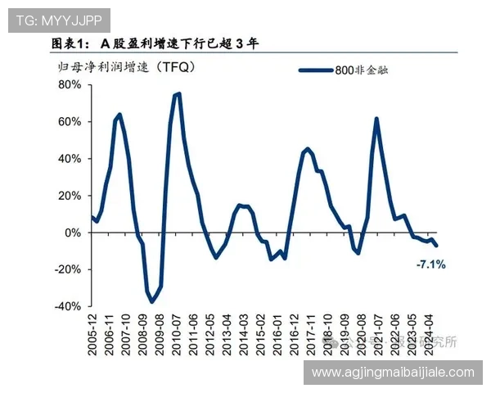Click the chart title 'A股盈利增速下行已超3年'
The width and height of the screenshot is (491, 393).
pyautogui.click(x=155, y=43)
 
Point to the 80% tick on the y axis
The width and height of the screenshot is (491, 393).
pyautogui.click(x=69, y=84)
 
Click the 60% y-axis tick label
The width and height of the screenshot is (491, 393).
pyautogui.click(x=69, y=121)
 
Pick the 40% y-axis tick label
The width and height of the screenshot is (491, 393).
pyautogui.click(x=69, y=158)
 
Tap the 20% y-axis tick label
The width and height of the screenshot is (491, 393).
pyautogui.click(x=69, y=195)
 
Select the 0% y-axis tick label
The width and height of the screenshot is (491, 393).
pyautogui.click(x=72, y=232)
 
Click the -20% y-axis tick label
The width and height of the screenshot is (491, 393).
pyautogui.click(x=67, y=269)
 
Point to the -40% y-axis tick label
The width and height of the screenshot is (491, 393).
pyautogui.click(x=67, y=305)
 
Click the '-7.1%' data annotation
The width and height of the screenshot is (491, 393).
pyautogui.click(x=430, y=264)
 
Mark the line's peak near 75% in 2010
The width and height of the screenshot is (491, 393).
pyautogui.click(x=178, y=94)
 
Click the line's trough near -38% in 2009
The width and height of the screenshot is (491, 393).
pyautogui.click(x=151, y=302)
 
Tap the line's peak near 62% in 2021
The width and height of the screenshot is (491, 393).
pyautogui.click(x=376, y=119)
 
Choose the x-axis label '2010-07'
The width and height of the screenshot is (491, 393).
pyautogui.click(x=178, y=336)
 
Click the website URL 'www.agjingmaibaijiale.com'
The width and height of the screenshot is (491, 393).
pyautogui.click(x=394, y=373)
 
